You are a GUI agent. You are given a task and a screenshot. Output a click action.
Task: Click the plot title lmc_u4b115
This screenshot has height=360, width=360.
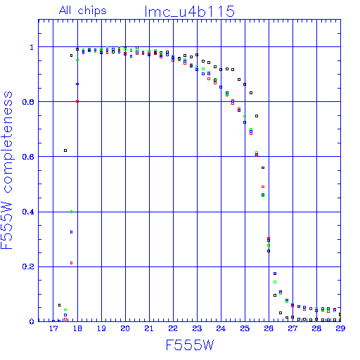tap(190, 11)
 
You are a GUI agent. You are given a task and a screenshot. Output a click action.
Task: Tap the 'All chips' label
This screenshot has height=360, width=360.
tap(83, 11)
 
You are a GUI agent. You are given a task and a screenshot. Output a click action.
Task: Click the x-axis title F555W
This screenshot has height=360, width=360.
tap(190, 345)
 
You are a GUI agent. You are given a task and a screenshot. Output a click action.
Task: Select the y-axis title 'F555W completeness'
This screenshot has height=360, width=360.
tap(7, 170)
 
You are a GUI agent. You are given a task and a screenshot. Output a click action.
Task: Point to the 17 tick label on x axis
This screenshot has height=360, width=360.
tap(53, 328)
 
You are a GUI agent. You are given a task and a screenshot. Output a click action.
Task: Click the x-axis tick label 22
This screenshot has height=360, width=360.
tap(173, 328)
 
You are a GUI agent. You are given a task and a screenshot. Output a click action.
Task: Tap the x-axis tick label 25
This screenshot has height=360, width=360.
tap(245, 328)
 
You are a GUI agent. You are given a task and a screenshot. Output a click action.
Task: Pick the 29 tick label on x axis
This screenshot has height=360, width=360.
tap(340, 328)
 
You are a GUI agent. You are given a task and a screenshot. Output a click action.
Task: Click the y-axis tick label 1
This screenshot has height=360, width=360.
tap(32, 47)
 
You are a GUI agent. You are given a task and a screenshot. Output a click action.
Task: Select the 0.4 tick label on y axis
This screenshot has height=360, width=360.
tap(28, 212)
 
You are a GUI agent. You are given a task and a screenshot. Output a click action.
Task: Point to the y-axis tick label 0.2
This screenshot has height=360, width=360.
tap(28, 266)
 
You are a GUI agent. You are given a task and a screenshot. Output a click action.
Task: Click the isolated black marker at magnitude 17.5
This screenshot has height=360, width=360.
tap(65, 150)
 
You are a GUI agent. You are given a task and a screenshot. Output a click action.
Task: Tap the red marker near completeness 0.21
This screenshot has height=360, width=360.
tap(72, 263)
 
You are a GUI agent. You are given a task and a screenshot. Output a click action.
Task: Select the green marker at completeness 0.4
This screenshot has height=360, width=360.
tap(72, 212)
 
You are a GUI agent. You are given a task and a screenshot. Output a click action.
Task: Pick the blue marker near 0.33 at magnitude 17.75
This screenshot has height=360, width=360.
tap(72, 232)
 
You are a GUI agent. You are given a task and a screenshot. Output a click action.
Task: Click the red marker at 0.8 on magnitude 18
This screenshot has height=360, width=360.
tap(77, 101)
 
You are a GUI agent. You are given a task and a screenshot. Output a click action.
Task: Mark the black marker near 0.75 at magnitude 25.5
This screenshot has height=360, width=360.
tap(257, 116)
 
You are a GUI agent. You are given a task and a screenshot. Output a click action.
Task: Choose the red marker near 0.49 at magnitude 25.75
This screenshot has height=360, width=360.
tap(263, 187)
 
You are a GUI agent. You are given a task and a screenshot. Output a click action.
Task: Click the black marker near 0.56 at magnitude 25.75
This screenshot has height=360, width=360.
tap(263, 167)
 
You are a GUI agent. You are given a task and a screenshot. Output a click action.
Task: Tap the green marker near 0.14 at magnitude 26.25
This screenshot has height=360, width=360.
tap(275, 282)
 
